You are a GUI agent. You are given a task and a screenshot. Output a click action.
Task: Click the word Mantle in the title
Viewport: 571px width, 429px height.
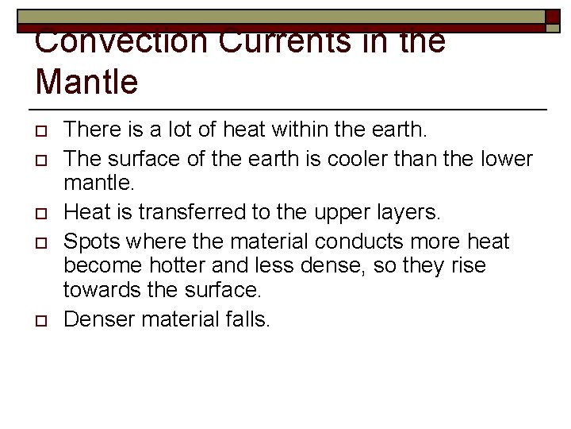(86, 80)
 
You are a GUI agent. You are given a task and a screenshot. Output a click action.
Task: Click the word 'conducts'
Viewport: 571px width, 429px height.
(372, 241)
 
